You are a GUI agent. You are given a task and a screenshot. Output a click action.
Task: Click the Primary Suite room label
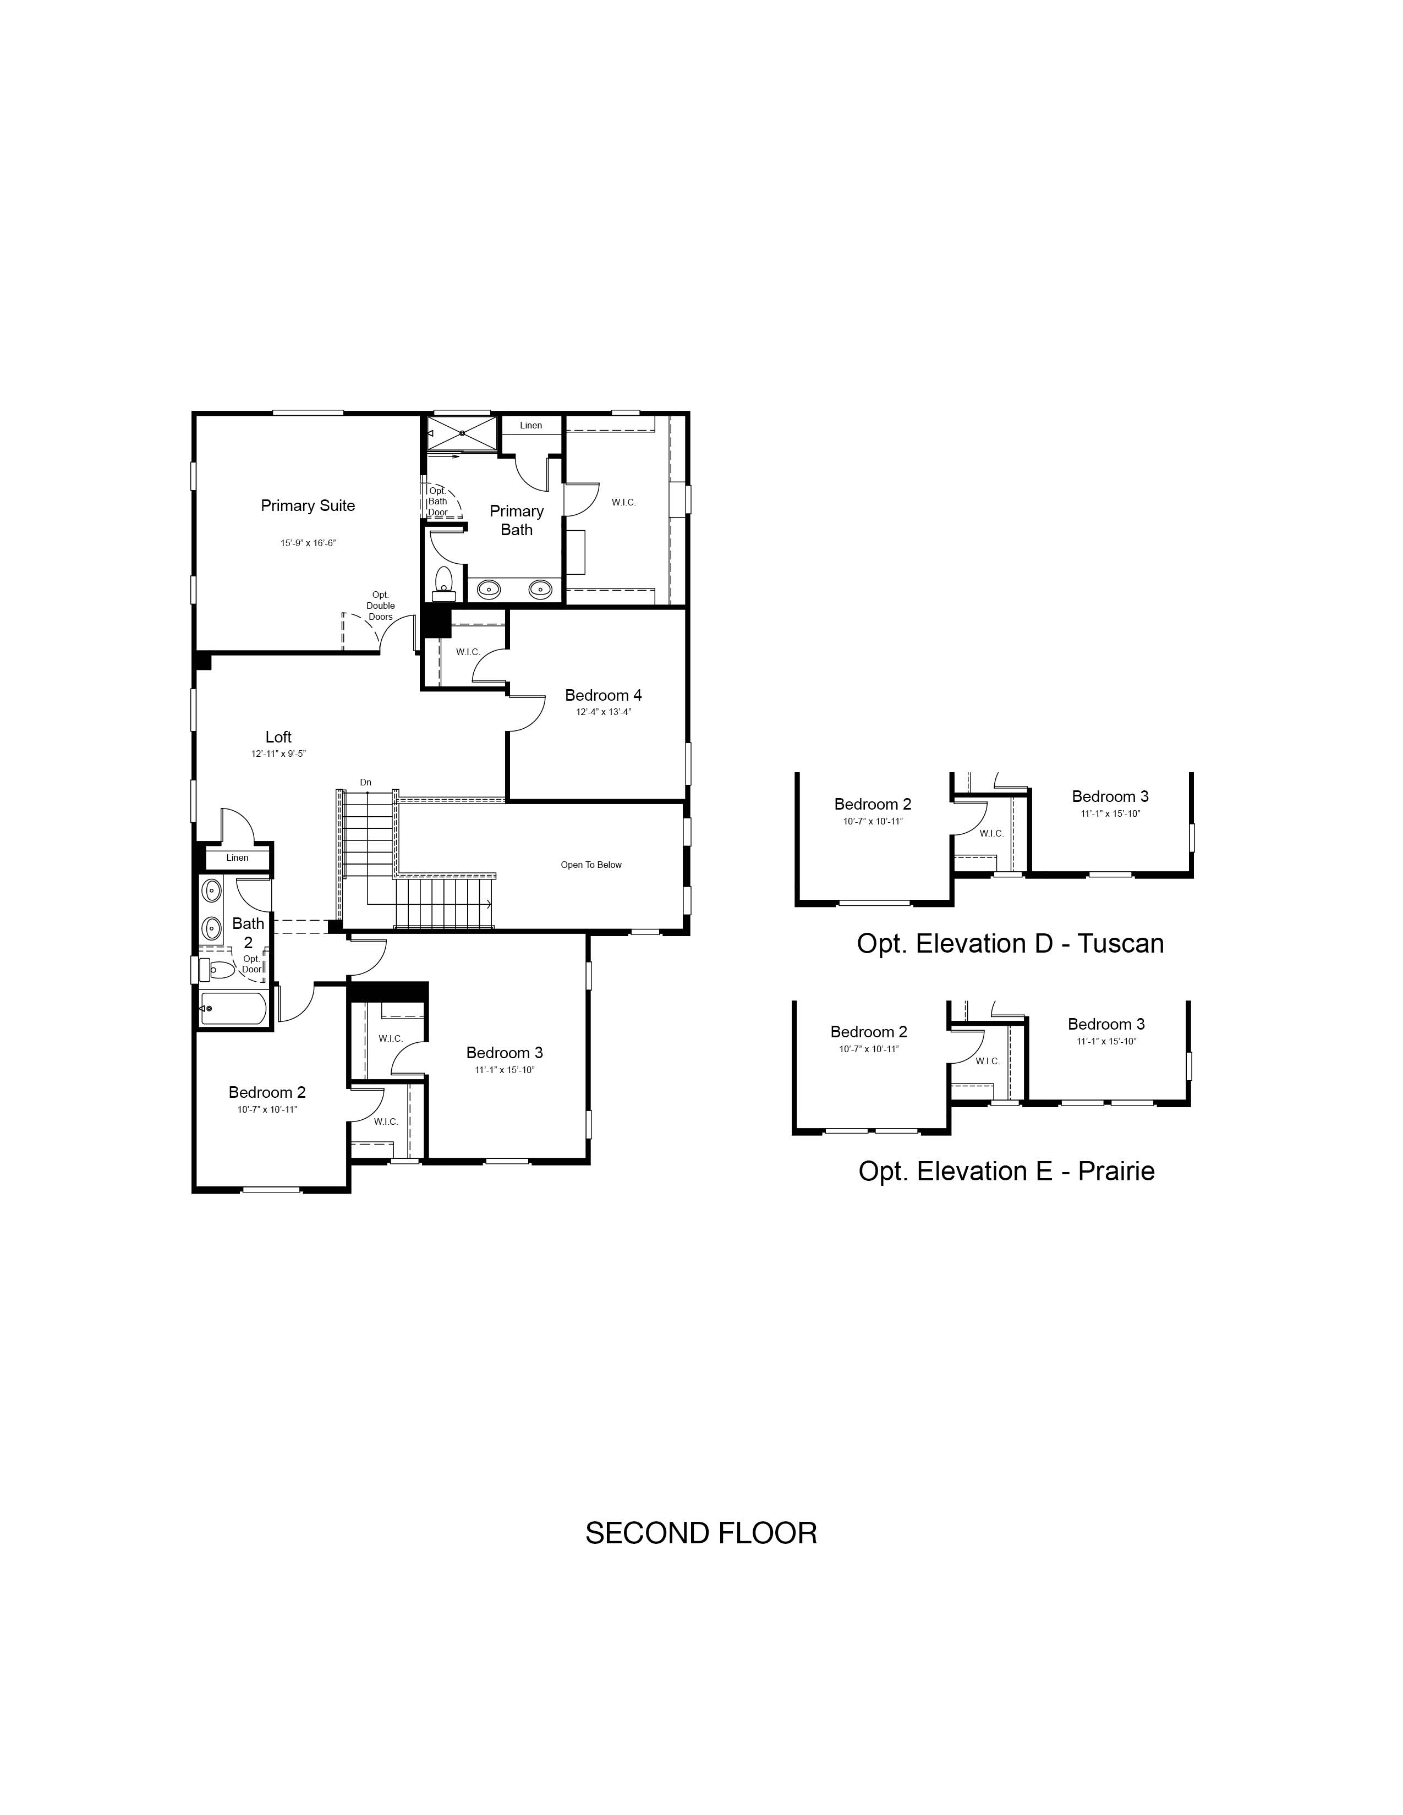coord(308,505)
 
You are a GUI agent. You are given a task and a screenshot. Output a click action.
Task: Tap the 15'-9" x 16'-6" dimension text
coord(308,543)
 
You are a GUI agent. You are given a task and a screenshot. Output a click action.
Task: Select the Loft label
coord(278,736)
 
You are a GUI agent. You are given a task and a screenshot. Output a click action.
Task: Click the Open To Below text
coord(591,864)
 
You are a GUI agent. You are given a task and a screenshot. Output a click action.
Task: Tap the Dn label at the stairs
coord(366,782)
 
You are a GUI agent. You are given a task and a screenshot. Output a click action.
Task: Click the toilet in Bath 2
coord(220,969)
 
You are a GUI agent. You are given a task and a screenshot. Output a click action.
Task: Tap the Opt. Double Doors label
coord(381,605)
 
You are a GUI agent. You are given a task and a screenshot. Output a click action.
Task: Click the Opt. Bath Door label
coord(437,501)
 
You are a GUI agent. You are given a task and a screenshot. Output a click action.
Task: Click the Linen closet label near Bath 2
coord(237,857)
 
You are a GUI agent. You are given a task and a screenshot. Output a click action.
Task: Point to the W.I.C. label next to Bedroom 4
coord(468,652)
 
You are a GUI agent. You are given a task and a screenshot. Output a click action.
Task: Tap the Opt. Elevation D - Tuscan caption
coord(1010,943)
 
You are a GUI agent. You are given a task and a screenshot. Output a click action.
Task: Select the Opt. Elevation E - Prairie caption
coord(1006,1171)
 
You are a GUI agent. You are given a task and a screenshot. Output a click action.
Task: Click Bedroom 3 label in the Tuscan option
coord(1110,796)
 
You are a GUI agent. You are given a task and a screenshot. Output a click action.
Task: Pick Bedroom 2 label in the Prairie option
coord(869,1031)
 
